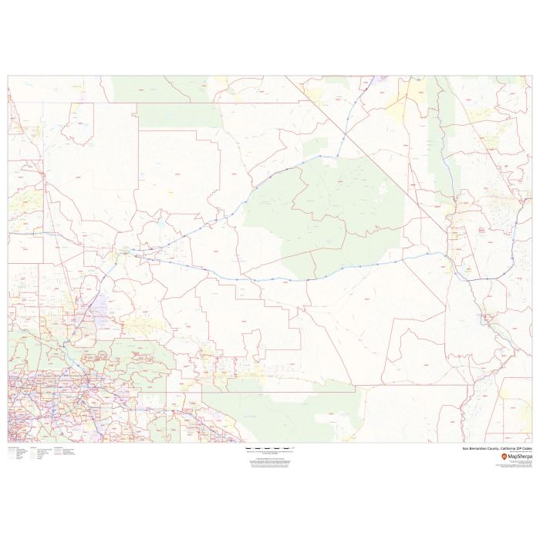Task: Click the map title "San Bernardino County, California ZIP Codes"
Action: [497, 448]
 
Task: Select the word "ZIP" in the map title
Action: [518, 448]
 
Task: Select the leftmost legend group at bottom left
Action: [15, 453]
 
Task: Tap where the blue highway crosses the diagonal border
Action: [344, 137]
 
